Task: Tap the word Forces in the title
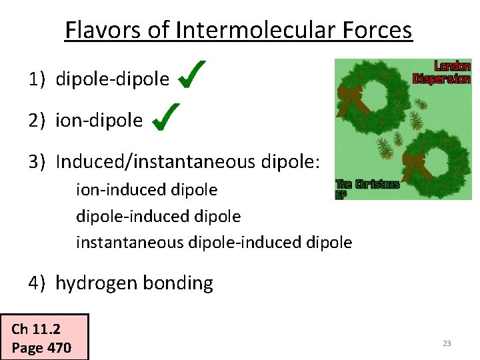tap(378, 30)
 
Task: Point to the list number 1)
tap(36, 80)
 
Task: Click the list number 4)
tap(36, 283)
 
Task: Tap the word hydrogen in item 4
tap(95, 284)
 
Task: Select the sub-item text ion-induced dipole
tap(147, 190)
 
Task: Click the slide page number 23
tap(447, 343)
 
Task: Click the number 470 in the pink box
tap(59, 347)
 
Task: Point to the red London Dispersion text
tap(442, 72)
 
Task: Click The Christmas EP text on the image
tap(366, 187)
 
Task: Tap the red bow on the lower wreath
tap(417, 163)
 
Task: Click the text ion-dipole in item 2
tap(99, 121)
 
